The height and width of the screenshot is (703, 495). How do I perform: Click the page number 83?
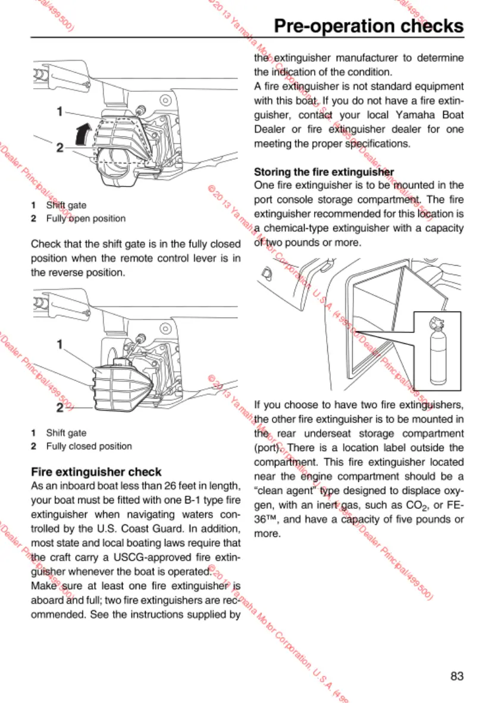pos(457,676)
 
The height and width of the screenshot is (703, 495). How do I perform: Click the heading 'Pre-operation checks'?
pos(368,26)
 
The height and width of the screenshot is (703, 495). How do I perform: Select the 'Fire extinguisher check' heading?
pos(96,472)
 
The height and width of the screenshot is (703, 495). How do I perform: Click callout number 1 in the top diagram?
pos(60,111)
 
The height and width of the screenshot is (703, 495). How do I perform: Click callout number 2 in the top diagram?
pos(59,147)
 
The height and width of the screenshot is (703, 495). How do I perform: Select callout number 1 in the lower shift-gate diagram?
pos(59,344)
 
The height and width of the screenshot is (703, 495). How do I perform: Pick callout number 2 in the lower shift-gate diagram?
pos(60,408)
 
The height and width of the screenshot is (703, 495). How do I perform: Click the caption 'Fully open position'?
pos(86,219)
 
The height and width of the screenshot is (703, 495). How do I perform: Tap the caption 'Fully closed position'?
pos(89,446)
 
